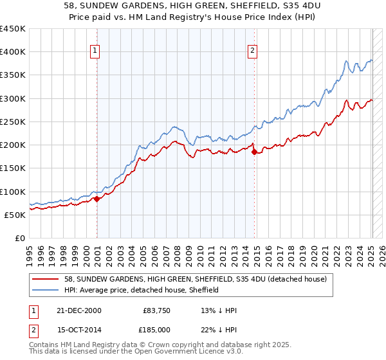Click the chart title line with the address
point(193,5)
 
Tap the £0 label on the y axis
point(19,238)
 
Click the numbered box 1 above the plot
point(95,51)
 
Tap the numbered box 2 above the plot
point(253,51)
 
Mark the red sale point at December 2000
point(97,199)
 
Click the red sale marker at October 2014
point(255,152)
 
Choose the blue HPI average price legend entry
point(142,290)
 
